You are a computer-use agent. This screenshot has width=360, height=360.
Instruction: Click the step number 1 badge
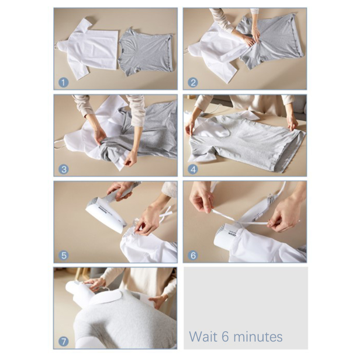63,83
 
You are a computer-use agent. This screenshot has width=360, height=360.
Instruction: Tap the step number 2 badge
193,83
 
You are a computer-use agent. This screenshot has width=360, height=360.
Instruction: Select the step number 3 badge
63,170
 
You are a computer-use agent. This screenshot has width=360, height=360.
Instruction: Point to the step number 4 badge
193,170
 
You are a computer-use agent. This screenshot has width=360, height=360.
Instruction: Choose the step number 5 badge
63,256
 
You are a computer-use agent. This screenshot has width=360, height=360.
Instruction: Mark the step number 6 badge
193,256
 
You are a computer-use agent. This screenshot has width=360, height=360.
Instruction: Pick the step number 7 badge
63,342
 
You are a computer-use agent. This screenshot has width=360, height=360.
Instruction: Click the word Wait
203,337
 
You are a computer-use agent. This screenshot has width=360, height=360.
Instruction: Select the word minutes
258,337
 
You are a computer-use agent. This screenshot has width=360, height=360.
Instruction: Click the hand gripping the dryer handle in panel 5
121,189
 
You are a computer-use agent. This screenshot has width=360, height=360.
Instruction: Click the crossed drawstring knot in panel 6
238,221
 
